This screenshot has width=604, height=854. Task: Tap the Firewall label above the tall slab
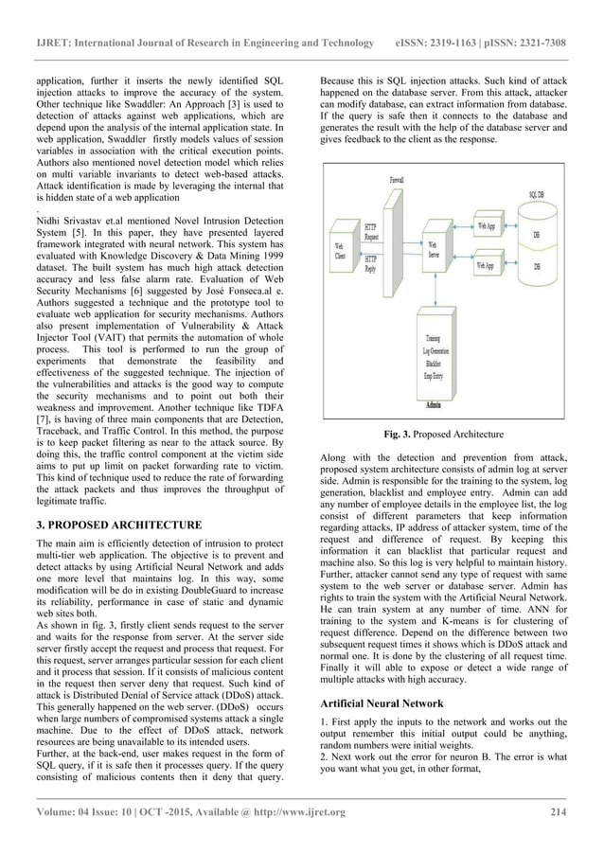[397, 179]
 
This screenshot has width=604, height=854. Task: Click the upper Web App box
[485, 226]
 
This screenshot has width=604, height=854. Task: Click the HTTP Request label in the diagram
[370, 231]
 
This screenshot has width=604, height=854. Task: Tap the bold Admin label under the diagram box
[433, 404]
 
